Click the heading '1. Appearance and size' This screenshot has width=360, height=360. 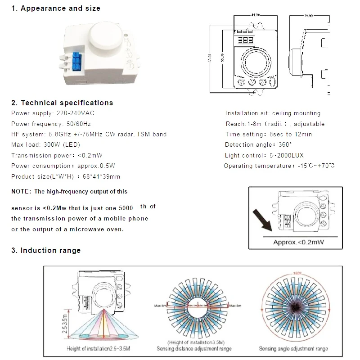click(x=56, y=9)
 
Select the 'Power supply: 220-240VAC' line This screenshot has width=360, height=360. click(x=53, y=113)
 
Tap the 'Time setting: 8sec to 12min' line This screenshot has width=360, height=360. click(x=268, y=134)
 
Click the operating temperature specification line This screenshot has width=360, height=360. click(x=279, y=166)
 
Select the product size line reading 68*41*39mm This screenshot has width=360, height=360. click(x=66, y=176)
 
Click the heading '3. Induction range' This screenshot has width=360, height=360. click(x=46, y=250)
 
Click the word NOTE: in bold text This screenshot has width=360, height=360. click(x=21, y=192)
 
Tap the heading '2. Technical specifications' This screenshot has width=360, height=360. click(x=62, y=103)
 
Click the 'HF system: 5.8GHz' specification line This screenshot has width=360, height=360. click(x=89, y=134)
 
